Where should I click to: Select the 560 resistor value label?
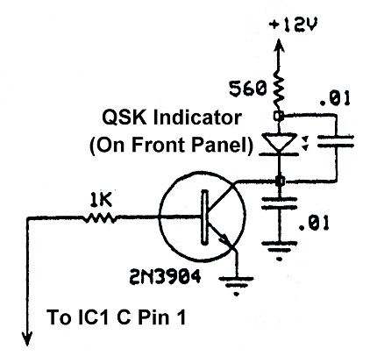243,88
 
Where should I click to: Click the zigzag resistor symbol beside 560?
278,88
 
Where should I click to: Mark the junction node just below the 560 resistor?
278,115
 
